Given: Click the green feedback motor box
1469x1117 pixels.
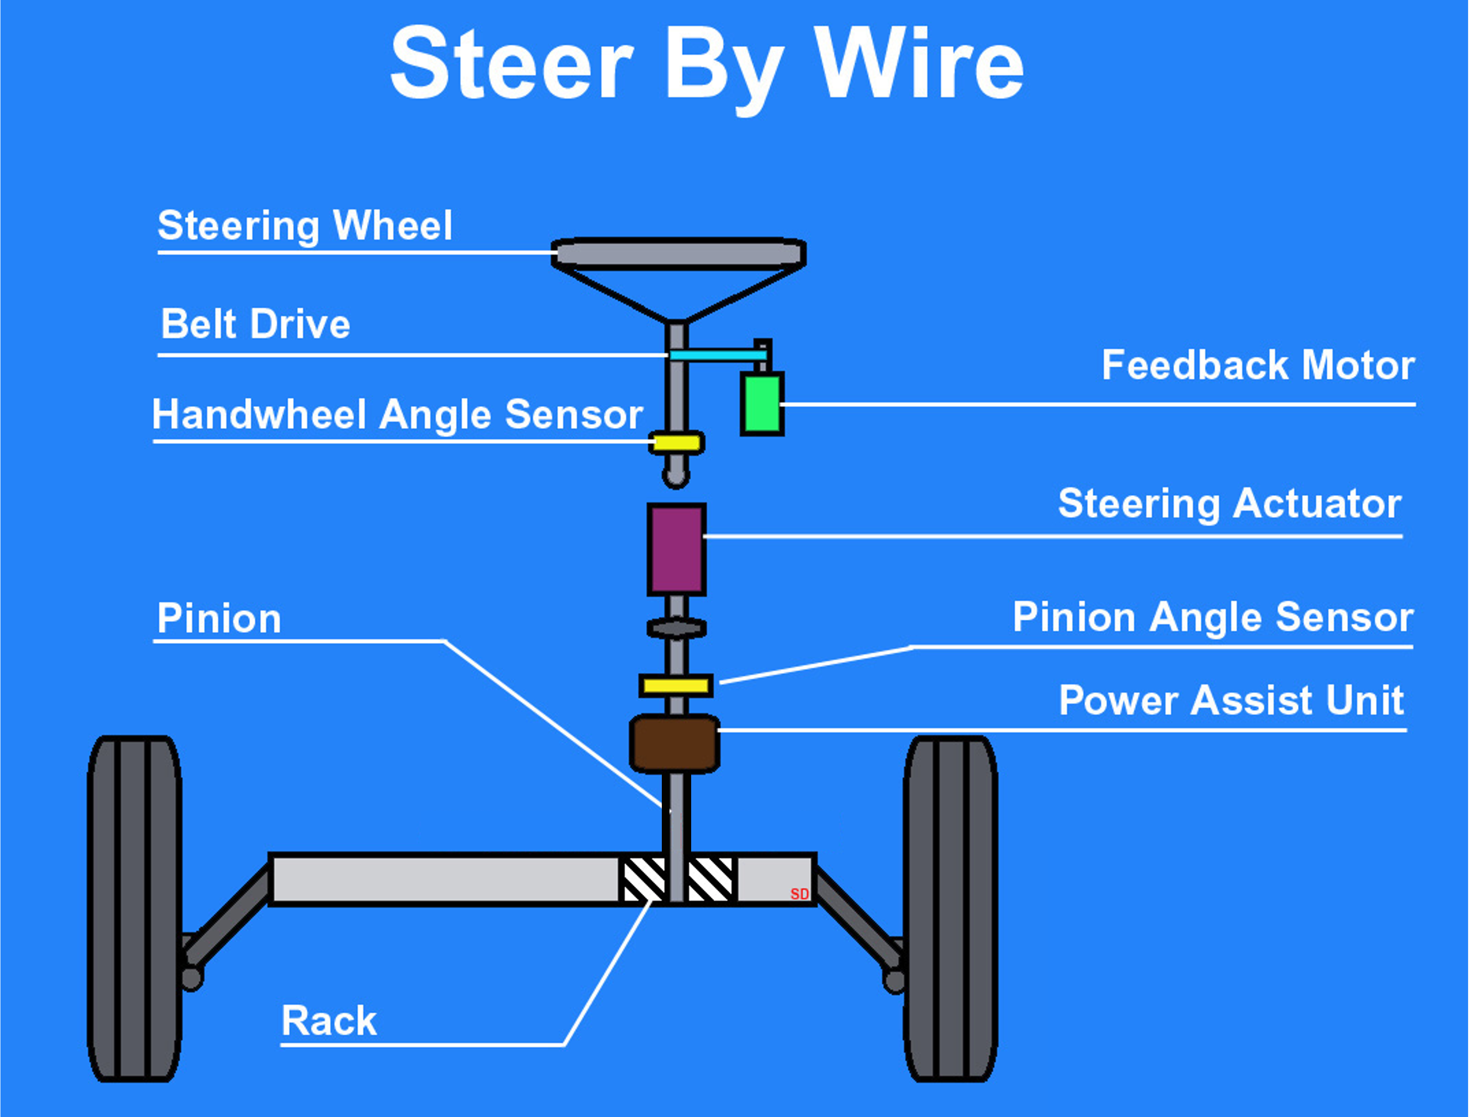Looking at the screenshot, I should [762, 403].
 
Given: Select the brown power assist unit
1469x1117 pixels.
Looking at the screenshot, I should [674, 743].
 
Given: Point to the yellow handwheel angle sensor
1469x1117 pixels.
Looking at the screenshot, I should [676, 443].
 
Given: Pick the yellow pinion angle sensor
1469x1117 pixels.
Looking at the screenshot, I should [676, 686].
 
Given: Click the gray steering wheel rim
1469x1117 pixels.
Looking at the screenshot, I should [679, 253].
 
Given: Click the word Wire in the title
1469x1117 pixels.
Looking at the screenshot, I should [918, 64].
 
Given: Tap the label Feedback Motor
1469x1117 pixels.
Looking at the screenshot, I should [1258, 365].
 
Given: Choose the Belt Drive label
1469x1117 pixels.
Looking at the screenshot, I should [256, 324].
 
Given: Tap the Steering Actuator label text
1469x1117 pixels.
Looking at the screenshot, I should [1230, 503].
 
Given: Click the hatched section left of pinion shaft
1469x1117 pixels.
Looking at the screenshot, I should [642, 879].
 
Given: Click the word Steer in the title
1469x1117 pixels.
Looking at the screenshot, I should [511, 64].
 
